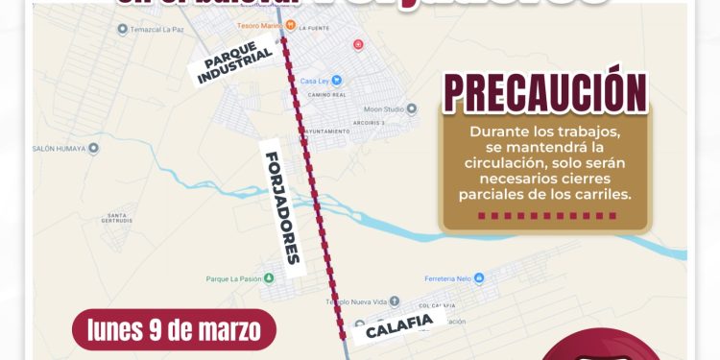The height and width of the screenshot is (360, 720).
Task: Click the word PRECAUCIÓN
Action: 543,93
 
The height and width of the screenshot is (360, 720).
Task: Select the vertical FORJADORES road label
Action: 281,207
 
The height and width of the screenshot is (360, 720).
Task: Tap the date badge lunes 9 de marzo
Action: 174,330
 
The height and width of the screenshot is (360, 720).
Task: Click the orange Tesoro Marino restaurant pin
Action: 289,25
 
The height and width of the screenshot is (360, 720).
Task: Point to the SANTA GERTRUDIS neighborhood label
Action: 119,217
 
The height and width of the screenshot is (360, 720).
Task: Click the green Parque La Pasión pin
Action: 269,278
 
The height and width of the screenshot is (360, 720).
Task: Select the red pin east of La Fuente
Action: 358,44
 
